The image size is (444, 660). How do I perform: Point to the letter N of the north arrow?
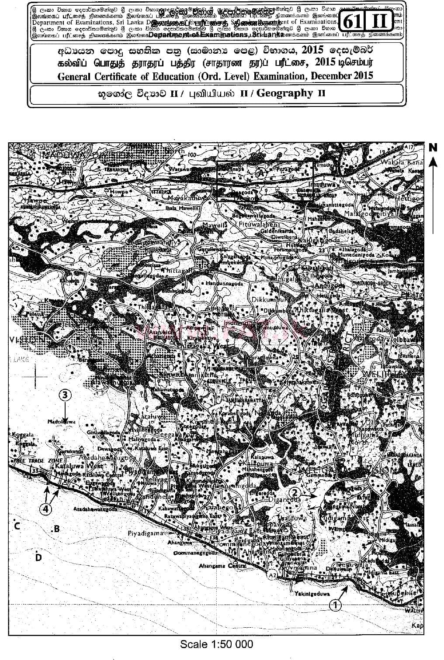tap(433, 148)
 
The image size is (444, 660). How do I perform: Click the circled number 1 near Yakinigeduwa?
tap(335, 605)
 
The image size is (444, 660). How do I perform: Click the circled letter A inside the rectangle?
tap(261, 173)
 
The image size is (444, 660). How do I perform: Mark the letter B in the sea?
tap(56, 529)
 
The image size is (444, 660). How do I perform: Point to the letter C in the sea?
tap(17, 526)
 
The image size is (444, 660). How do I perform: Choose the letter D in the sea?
tap(38, 557)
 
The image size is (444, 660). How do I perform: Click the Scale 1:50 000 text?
tap(217, 643)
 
